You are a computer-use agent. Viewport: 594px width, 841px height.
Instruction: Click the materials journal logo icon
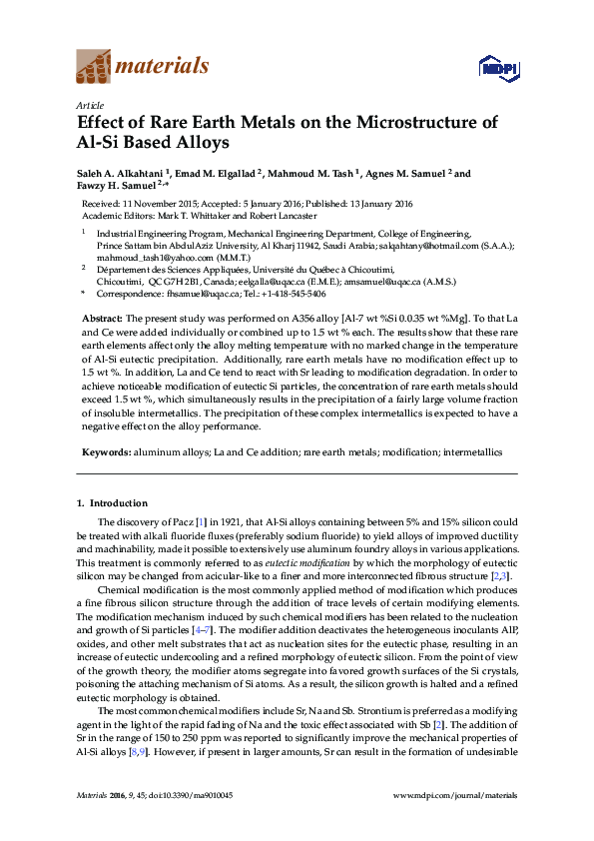pos(94,68)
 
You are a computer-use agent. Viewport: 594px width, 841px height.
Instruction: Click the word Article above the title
pos(90,104)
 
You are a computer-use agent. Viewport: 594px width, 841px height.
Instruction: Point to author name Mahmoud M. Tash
pos(313,173)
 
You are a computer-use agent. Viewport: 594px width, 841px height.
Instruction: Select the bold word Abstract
pos(100,316)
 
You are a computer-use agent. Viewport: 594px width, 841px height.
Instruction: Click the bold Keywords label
pos(105,452)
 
